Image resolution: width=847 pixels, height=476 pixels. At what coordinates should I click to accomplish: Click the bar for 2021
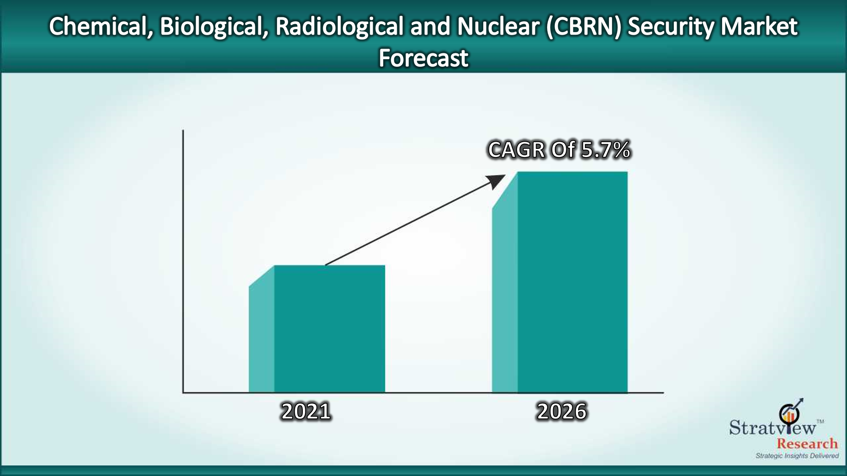pyautogui.click(x=317, y=329)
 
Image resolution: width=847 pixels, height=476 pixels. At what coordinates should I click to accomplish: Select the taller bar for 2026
pyautogui.click(x=560, y=282)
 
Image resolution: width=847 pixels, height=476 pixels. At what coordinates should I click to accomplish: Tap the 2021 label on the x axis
pyautogui.click(x=306, y=411)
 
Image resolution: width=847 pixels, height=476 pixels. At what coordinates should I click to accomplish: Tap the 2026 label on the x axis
pyautogui.click(x=562, y=411)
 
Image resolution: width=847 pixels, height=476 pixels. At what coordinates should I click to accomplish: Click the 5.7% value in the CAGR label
pyautogui.click(x=606, y=150)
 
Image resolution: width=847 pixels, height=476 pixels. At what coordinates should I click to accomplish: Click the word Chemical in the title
pyautogui.click(x=101, y=27)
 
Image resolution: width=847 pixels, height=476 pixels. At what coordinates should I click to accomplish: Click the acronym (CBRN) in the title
pyautogui.click(x=583, y=27)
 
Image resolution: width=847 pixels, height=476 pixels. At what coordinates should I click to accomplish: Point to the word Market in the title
pyautogui.click(x=759, y=26)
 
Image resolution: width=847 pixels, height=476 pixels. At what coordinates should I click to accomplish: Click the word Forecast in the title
pyautogui.click(x=423, y=58)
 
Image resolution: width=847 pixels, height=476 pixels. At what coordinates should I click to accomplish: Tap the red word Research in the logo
pyautogui.click(x=807, y=443)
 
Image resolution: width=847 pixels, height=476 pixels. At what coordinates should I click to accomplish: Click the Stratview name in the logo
pyautogui.click(x=772, y=427)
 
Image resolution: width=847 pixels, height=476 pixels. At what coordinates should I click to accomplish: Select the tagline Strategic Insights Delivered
pyautogui.click(x=797, y=456)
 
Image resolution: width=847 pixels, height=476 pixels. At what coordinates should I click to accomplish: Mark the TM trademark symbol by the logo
pyautogui.click(x=820, y=421)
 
